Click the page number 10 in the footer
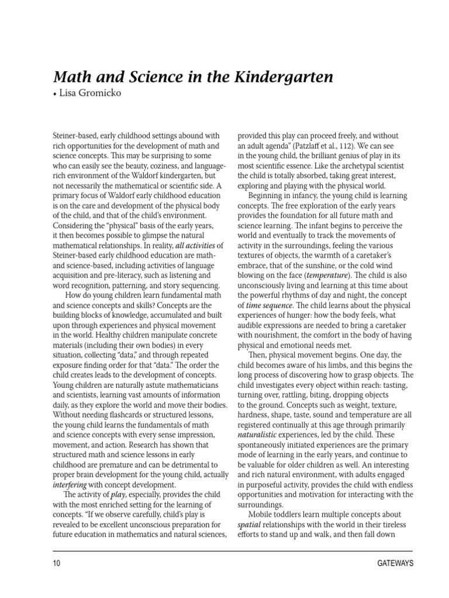click(56, 564)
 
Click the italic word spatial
click(248, 524)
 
